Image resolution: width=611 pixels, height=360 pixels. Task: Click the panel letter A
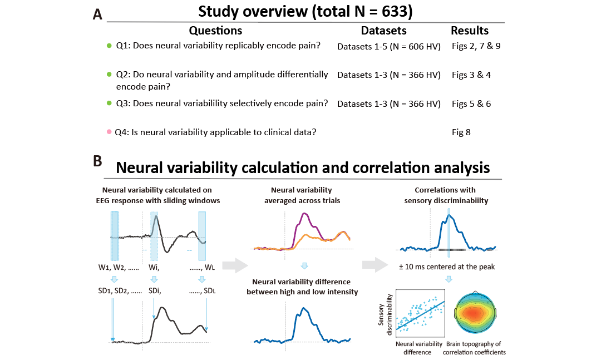[97, 15]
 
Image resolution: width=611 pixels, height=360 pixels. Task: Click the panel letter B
[97, 161]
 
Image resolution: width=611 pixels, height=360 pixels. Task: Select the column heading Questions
[215, 31]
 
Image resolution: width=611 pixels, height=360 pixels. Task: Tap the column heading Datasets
[383, 31]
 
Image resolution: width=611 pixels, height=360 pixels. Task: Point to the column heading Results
[470, 31]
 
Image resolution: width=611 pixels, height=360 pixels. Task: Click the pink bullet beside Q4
[109, 132]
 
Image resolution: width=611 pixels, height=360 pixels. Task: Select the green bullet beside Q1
[109, 46]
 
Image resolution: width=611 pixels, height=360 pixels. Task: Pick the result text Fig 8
[462, 132]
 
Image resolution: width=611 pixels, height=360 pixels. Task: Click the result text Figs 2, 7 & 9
[476, 46]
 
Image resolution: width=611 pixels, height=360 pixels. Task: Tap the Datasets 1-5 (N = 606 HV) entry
[389, 46]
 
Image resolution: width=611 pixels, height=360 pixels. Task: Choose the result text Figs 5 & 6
[471, 103]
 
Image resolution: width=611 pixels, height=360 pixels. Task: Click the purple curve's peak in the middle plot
[304, 213]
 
